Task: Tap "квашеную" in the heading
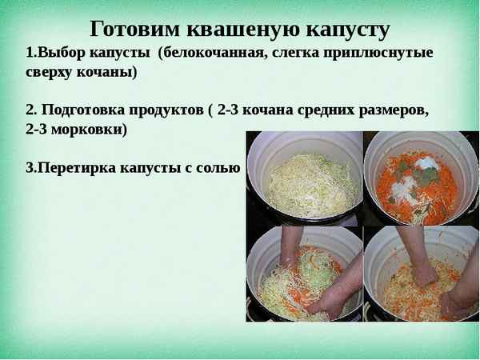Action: point(239,30)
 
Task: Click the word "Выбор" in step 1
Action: point(58,54)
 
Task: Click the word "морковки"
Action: point(89,129)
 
